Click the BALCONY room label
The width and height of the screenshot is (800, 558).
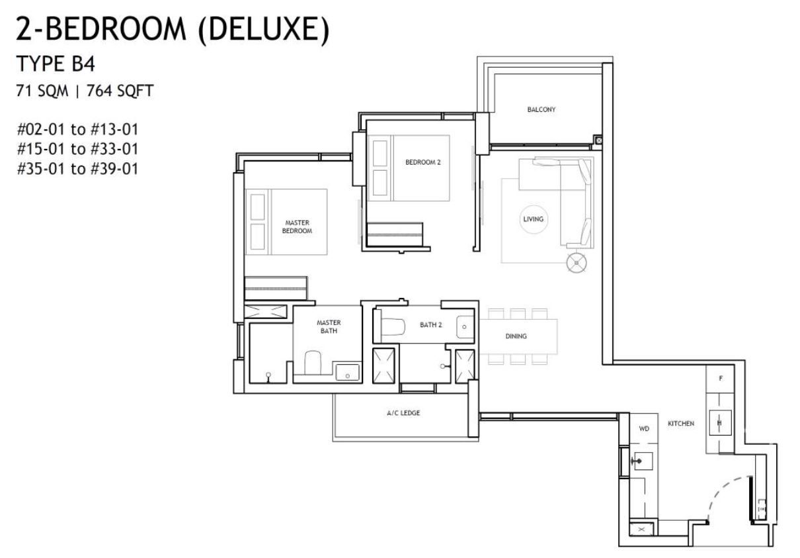(x=541, y=109)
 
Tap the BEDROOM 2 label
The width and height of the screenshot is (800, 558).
(x=423, y=162)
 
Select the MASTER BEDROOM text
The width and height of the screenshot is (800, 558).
(x=297, y=227)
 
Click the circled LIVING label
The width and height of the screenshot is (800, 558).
(x=533, y=219)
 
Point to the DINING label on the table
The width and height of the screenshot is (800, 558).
(x=516, y=336)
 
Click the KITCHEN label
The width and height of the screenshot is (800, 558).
(x=681, y=424)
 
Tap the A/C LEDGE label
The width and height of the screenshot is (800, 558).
(x=403, y=413)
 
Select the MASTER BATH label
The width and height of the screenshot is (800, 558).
(x=329, y=327)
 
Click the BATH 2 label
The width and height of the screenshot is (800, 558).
(x=430, y=325)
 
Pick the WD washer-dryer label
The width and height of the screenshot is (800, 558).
(x=644, y=429)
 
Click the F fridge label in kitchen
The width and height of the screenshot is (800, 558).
(x=721, y=378)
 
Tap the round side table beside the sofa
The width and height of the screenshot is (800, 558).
(x=577, y=263)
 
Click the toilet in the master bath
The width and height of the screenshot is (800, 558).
(x=313, y=363)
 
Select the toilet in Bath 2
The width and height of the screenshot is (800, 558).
(x=393, y=326)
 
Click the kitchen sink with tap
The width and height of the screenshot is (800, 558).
(x=642, y=461)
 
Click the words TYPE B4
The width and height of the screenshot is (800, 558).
(x=56, y=64)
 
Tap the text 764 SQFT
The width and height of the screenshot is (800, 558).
(x=120, y=91)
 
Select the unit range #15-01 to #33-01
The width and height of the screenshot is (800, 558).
(x=77, y=149)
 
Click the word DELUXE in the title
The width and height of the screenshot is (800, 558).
(x=264, y=29)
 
